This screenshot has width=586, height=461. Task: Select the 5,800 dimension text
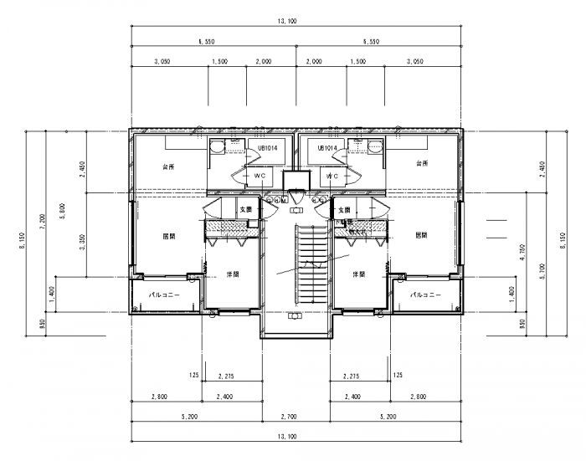(59, 209)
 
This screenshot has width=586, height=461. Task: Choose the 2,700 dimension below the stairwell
(298, 416)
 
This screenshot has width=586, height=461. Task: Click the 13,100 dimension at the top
(297, 23)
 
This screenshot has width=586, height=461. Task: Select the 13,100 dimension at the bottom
(297, 436)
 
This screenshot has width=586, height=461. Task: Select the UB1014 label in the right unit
(326, 148)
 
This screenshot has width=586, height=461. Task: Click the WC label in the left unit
(260, 177)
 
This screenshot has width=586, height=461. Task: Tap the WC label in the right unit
(332, 177)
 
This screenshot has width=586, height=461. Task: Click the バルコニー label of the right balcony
(425, 295)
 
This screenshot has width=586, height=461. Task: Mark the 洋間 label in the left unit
(232, 274)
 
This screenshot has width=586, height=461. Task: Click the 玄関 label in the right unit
(344, 208)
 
